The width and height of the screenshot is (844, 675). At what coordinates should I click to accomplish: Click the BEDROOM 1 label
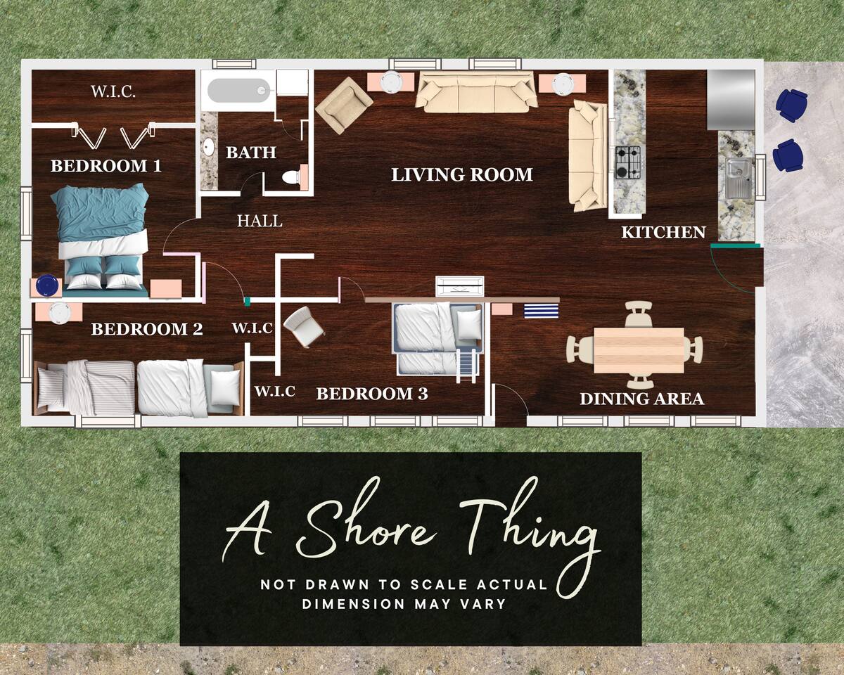(x=106, y=166)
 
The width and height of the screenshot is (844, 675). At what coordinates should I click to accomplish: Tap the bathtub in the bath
(x=238, y=91)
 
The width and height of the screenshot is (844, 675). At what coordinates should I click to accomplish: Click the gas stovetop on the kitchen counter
(x=627, y=162)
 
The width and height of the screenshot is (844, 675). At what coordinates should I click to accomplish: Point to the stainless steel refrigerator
(x=731, y=100)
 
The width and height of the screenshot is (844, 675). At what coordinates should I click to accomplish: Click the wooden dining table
(x=639, y=350)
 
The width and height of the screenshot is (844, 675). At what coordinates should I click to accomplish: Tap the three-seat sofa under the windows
(x=477, y=92)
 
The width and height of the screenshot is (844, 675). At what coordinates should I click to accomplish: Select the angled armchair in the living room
(x=344, y=105)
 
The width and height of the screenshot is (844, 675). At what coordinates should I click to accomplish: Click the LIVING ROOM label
(x=462, y=175)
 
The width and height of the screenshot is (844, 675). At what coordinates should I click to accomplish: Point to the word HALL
(x=260, y=221)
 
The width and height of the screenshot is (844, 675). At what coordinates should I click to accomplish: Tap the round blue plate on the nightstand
(x=46, y=285)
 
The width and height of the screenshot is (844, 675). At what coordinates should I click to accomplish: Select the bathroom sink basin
(x=209, y=148)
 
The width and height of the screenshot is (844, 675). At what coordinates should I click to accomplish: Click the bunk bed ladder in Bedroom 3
(x=466, y=366)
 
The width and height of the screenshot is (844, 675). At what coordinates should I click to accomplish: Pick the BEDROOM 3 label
(x=372, y=394)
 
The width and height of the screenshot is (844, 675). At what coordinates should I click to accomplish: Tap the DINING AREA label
(x=641, y=399)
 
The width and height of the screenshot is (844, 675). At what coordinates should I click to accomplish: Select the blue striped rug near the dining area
(x=542, y=311)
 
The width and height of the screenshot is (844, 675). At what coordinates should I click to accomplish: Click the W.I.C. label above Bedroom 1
(x=113, y=92)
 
